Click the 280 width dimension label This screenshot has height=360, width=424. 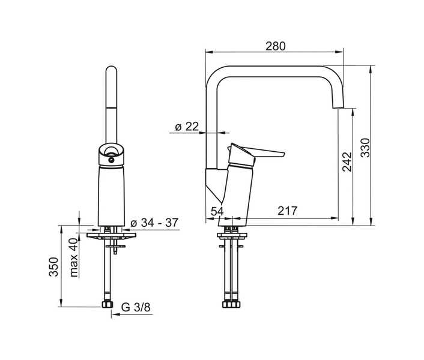coord(275,46)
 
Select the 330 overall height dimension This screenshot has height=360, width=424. coord(365,148)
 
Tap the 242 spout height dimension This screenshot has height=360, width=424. coord(347,162)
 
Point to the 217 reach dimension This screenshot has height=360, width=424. coord(288,211)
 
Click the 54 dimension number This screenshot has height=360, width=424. coord(217,211)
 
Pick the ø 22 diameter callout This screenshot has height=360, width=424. coord(187,127)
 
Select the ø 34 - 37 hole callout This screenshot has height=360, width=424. coord(154,223)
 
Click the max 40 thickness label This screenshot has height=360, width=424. coord(74,257)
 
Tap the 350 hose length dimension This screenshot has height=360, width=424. coord(53,267)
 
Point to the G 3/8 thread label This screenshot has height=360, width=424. coord(136,307)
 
